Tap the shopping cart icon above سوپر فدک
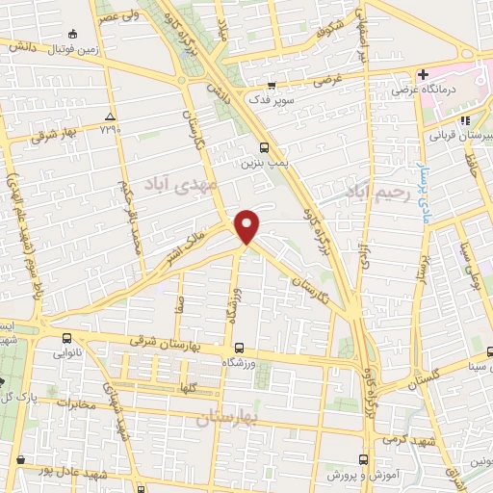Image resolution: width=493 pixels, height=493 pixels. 271,87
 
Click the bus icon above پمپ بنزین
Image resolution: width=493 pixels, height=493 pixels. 264,147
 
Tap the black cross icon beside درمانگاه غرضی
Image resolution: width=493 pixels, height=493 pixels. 423,74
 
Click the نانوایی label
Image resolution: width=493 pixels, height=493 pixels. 67,354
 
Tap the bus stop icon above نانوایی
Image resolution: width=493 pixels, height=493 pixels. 67,338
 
